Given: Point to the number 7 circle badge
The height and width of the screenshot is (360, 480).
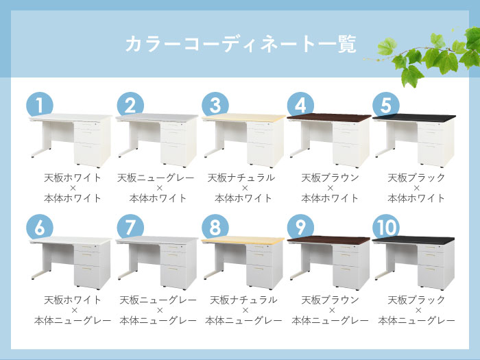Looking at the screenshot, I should (128, 227).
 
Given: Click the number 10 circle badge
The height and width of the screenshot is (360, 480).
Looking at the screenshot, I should (386, 227).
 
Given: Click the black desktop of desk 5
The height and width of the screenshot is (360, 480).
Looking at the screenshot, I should (413, 118).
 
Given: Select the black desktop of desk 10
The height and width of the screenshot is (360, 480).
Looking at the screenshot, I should (413, 240).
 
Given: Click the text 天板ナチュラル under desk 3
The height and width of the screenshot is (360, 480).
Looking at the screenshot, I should (243, 178).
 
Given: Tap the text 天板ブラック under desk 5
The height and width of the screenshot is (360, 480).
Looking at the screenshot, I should (416, 178).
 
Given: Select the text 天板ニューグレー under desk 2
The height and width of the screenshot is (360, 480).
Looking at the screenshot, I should (158, 178).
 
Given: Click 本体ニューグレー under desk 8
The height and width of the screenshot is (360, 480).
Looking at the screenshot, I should (243, 320).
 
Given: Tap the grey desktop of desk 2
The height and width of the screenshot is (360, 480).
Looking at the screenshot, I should (156, 118).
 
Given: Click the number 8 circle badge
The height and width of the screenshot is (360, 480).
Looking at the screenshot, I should (215, 227).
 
